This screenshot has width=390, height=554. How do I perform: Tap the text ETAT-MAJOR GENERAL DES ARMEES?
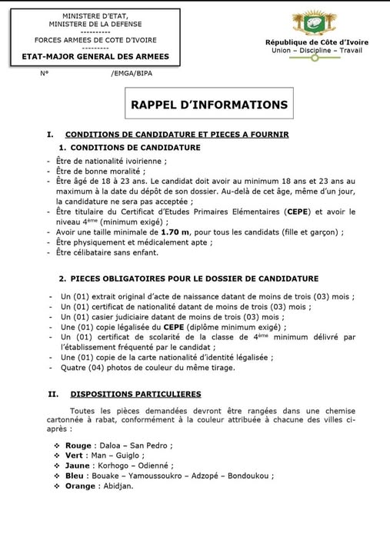tap(96, 56)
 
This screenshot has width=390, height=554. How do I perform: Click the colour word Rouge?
tap(79, 445)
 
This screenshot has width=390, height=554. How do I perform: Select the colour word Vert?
tap(76, 455)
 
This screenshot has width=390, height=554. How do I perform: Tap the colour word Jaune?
tap(78, 466)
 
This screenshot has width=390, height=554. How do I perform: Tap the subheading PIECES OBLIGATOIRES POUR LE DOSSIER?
tap(192, 278)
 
